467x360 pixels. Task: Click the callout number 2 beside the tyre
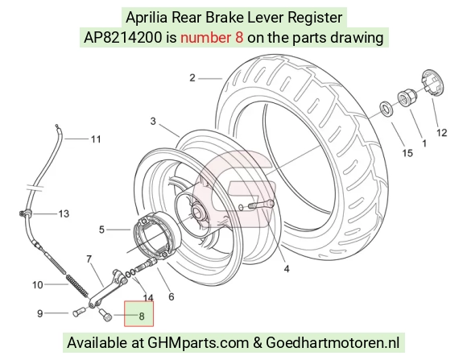pyautogui.click(x=192, y=78)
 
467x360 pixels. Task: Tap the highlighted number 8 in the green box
pyautogui.click(x=142, y=317)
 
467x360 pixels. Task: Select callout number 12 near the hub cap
pyautogui.click(x=442, y=133)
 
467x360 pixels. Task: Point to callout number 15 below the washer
pyautogui.click(x=407, y=153)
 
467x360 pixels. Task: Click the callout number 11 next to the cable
pyautogui.click(x=96, y=139)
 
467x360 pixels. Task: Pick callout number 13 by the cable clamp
pyautogui.click(x=64, y=213)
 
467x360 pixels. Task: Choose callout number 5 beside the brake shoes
pyautogui.click(x=101, y=230)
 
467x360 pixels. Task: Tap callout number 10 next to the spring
pyautogui.click(x=38, y=285)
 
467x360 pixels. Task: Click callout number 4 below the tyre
pyautogui.click(x=287, y=269)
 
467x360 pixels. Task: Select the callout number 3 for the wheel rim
pyautogui.click(x=153, y=122)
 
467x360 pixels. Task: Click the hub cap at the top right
pyautogui.click(x=433, y=82)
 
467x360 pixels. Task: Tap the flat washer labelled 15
pyautogui.click(x=386, y=108)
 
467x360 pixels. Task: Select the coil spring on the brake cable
pyautogui.click(x=77, y=287)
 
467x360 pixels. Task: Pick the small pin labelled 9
pyautogui.click(x=79, y=312)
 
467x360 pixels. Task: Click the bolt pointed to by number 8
pyautogui.click(x=105, y=314)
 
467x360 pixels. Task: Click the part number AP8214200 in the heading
pyautogui.click(x=123, y=38)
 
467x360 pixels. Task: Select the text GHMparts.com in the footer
pyautogui.click(x=198, y=342)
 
